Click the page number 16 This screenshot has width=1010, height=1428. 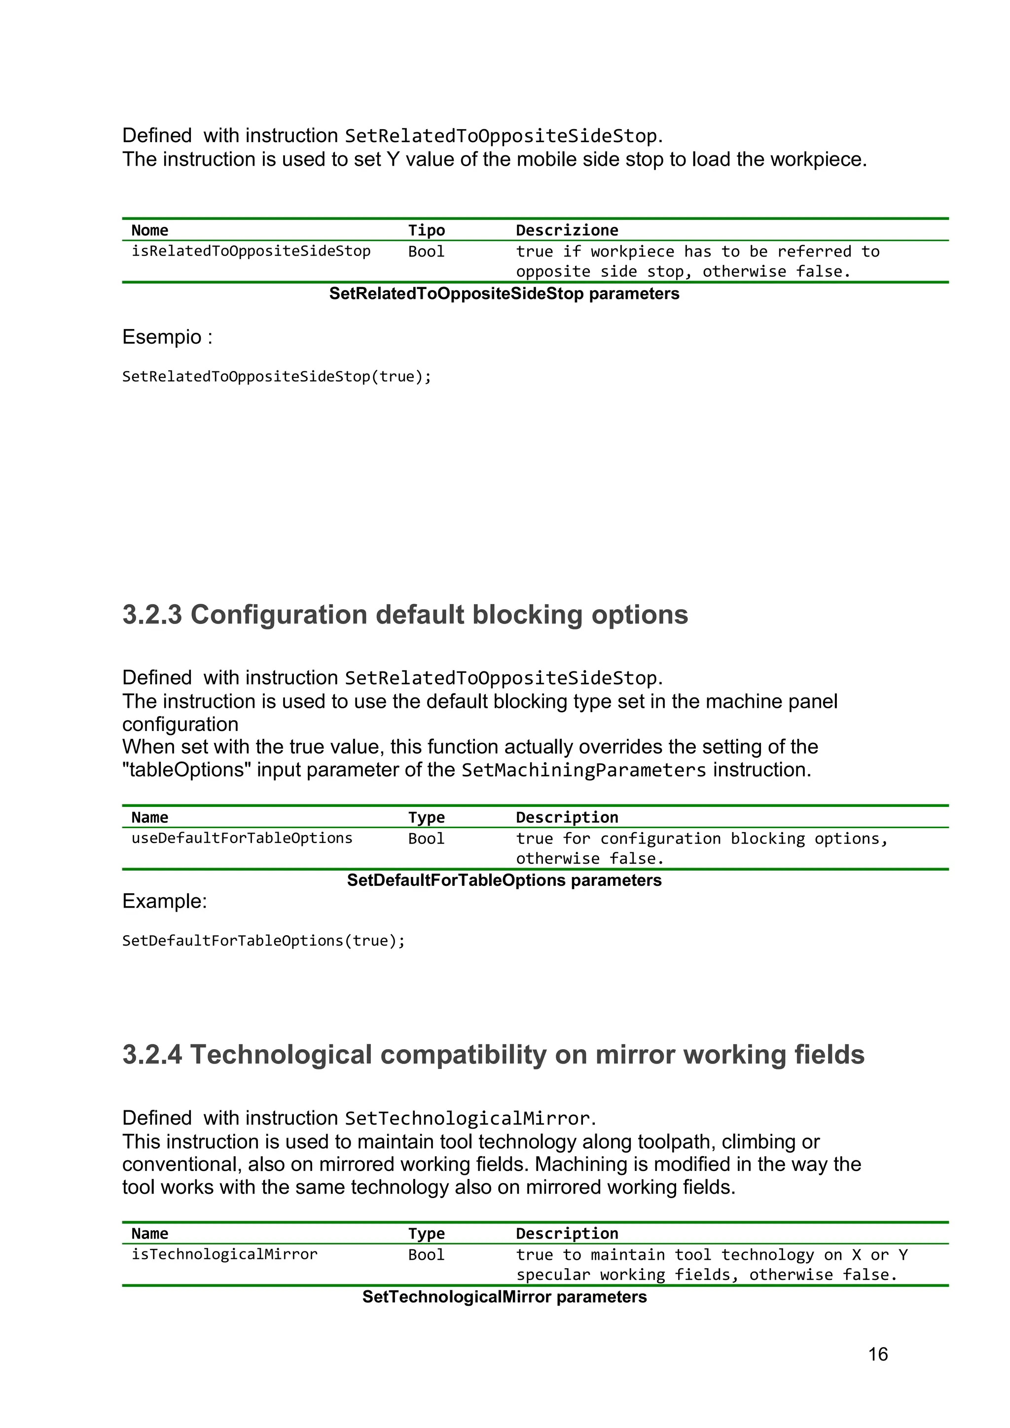click(877, 1354)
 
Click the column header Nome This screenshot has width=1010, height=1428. click(150, 230)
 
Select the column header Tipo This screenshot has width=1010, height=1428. click(426, 230)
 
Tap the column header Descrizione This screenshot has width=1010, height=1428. click(567, 230)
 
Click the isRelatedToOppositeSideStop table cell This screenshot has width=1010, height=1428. click(251, 251)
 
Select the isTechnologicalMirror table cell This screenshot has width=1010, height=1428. click(224, 1254)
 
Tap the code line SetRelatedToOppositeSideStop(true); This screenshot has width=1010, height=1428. click(276, 376)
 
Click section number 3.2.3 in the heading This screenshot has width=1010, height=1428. click(152, 615)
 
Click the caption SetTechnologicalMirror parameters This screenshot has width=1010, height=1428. click(505, 1297)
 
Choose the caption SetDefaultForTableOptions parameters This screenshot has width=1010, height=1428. click(505, 880)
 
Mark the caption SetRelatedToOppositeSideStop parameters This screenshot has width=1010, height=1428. click(505, 293)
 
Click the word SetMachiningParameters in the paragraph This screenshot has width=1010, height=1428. click(583, 770)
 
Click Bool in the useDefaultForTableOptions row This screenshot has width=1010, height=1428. click(426, 839)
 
